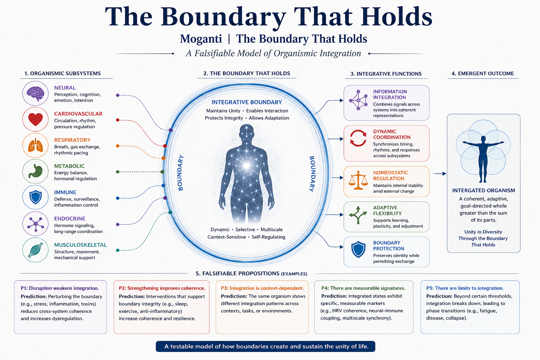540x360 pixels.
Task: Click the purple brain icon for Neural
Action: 36,94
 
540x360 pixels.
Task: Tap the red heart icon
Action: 36,120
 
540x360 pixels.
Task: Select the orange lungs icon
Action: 36,145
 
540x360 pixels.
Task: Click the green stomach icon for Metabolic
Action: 36,171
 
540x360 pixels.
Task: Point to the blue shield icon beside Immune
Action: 36,197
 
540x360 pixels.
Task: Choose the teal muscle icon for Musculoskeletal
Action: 36,250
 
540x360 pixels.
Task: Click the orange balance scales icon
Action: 358,180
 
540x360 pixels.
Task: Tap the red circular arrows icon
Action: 358,138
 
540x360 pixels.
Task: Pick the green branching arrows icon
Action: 358,215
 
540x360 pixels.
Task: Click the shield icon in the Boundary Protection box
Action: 359,250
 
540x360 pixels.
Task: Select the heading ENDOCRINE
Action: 70,219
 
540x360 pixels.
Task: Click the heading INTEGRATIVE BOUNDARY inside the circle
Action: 246,102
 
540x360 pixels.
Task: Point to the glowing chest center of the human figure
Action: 246,166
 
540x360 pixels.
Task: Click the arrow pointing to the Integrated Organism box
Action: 439,174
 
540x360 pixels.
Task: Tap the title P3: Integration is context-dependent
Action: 262,288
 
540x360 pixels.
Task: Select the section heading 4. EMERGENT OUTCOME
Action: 483,73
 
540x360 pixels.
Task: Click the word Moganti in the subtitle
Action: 201,39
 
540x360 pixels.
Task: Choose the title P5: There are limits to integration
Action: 465,288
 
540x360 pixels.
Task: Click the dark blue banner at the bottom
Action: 265,347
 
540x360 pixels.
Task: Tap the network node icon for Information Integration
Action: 358,100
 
